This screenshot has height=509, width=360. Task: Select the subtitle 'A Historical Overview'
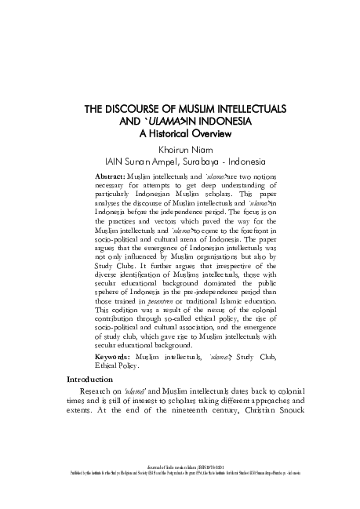[180, 133]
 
